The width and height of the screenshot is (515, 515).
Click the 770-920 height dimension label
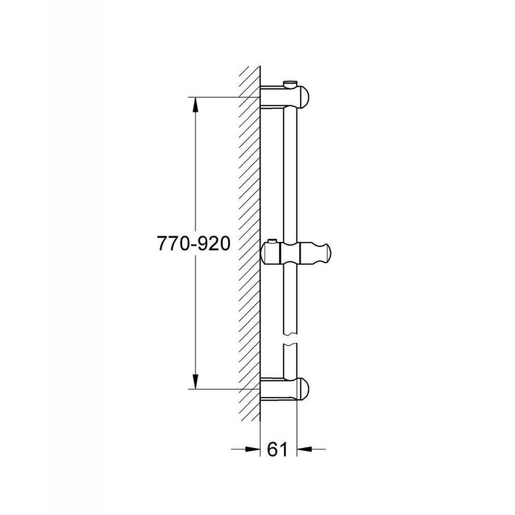pos(194,244)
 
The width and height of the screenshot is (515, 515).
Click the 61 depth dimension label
pos(277,449)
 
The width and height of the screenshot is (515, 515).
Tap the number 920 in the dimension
pos(214,244)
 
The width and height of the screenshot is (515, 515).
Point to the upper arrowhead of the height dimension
pos(196,104)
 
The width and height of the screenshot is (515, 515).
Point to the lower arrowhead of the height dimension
pos(196,381)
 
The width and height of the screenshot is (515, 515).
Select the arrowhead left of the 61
pos(252,449)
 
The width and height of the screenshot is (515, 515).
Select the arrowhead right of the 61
pos(304,449)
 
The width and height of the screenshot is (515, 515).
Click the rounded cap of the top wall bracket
pos(303,97)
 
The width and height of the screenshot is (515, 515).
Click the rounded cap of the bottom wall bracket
pos(303,389)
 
